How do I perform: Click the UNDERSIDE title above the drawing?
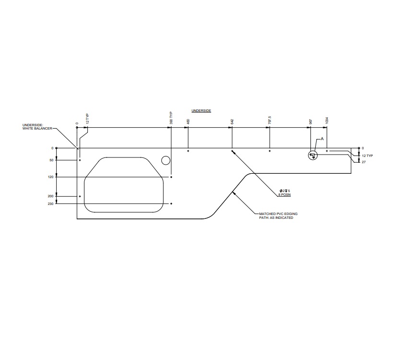(x=201, y=111)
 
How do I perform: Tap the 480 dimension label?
(x=188, y=122)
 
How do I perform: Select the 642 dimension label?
(x=232, y=122)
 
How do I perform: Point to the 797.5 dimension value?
(x=270, y=120)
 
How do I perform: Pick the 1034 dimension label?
(x=327, y=120)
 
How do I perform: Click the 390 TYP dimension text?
(x=171, y=118)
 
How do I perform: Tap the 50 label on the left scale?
(x=51, y=160)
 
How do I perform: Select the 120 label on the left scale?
(x=51, y=177)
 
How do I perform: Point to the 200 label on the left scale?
(x=51, y=196)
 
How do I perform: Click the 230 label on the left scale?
(x=51, y=204)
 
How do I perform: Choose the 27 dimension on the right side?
(x=364, y=163)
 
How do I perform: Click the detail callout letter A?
(x=322, y=139)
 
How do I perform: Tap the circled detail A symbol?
(x=312, y=155)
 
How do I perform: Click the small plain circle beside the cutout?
(x=166, y=160)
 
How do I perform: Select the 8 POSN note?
(x=284, y=195)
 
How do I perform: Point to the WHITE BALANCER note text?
(x=37, y=127)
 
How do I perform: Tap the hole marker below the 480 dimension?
(x=188, y=151)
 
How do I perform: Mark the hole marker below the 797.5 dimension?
(x=270, y=151)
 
